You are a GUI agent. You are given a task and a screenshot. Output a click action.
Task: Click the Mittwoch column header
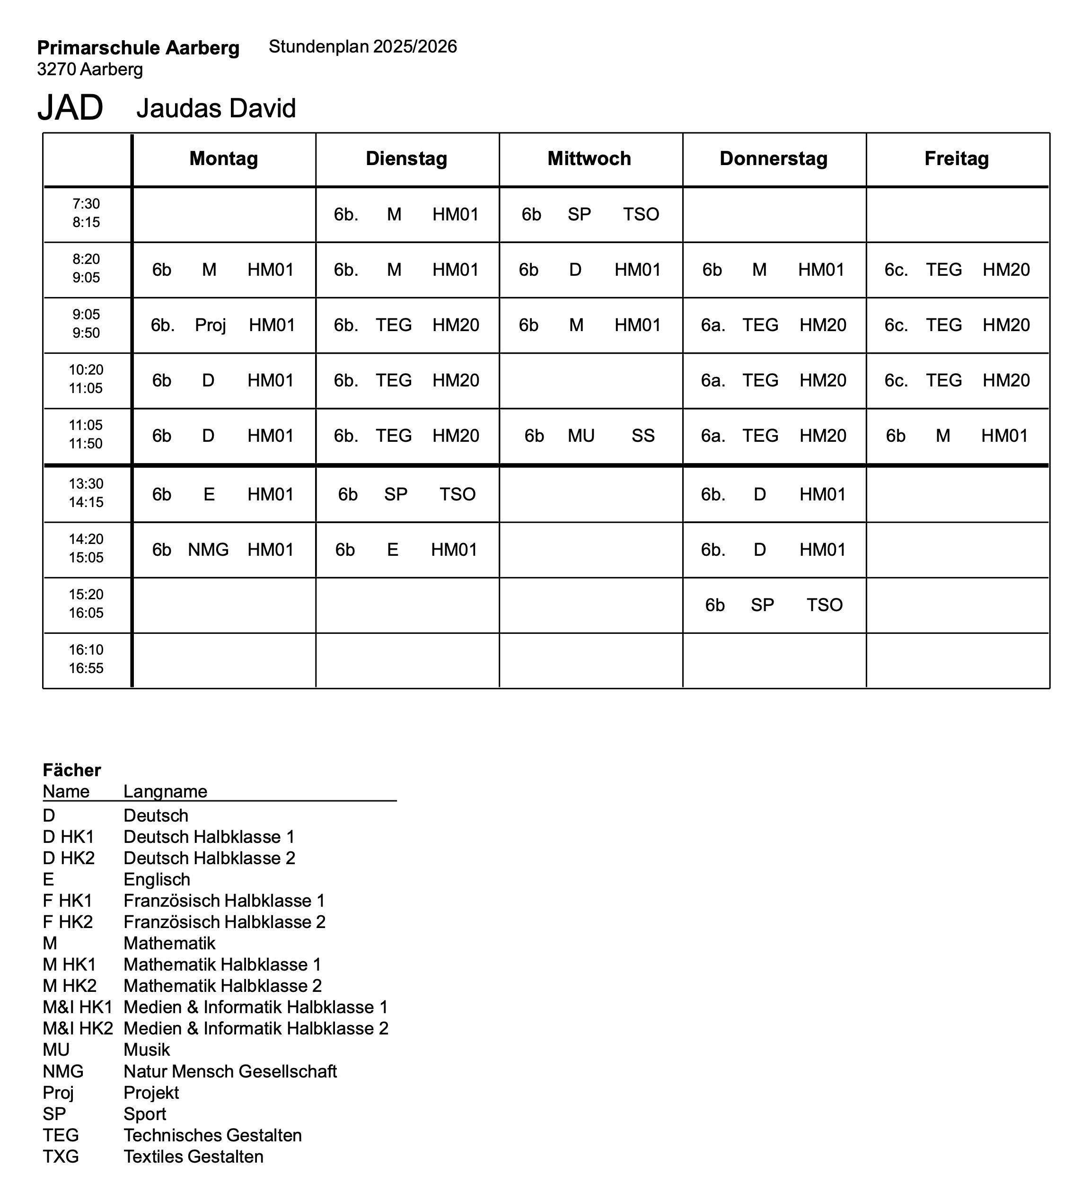click(589, 158)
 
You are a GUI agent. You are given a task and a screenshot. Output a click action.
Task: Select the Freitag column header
click(957, 158)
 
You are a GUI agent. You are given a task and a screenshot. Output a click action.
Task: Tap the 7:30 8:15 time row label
click(87, 213)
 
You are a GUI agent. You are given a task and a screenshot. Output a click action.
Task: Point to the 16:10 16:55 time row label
click(87, 659)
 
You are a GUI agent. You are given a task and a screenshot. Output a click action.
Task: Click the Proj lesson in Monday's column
click(210, 325)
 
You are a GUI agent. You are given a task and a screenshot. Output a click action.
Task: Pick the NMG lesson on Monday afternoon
click(209, 550)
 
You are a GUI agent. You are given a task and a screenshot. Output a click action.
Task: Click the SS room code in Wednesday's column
click(643, 436)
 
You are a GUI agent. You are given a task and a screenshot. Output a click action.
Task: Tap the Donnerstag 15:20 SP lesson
click(762, 605)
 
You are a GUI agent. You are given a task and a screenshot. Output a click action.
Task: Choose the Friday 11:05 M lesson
click(943, 436)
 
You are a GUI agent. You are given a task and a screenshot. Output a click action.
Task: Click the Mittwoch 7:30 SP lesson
click(579, 214)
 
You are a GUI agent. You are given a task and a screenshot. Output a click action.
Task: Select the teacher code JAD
click(70, 108)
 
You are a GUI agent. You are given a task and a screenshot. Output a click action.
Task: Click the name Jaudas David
click(216, 108)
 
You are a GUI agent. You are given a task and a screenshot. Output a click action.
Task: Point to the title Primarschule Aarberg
click(138, 48)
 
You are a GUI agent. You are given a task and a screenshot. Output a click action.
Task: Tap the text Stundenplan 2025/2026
click(363, 46)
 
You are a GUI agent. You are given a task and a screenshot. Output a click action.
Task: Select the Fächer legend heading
click(72, 770)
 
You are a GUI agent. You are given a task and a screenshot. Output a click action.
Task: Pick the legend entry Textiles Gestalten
click(194, 1156)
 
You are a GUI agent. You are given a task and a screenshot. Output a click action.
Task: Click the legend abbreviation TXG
click(61, 1156)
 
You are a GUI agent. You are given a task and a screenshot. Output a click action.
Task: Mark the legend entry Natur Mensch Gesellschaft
click(230, 1071)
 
